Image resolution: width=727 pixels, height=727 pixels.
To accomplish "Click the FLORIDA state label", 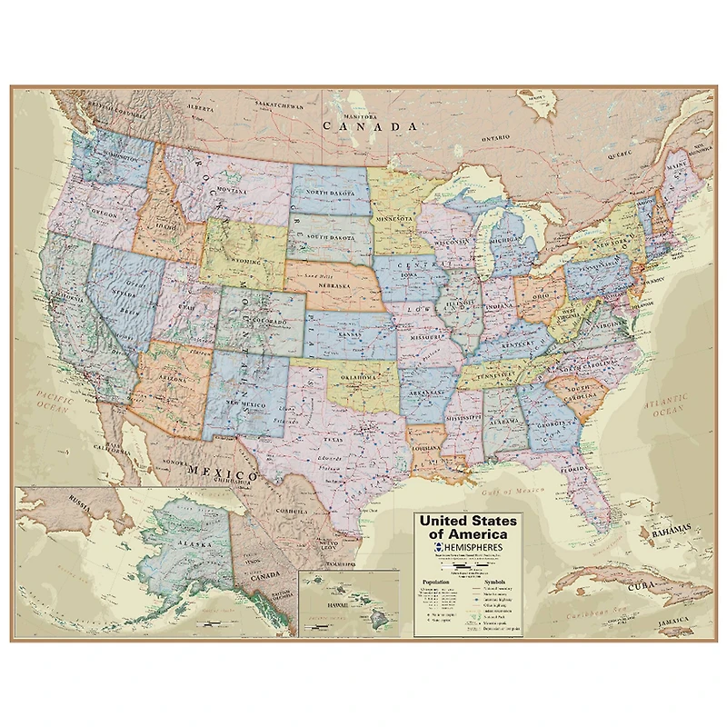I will [x=573, y=471].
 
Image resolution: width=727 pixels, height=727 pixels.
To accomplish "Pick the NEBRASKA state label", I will [x=334, y=284].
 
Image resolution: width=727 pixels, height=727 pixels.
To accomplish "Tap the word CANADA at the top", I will [x=362, y=127].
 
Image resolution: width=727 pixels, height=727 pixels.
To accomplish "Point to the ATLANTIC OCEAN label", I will [x=666, y=405].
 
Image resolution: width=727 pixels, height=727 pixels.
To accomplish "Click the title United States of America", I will [x=467, y=528].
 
